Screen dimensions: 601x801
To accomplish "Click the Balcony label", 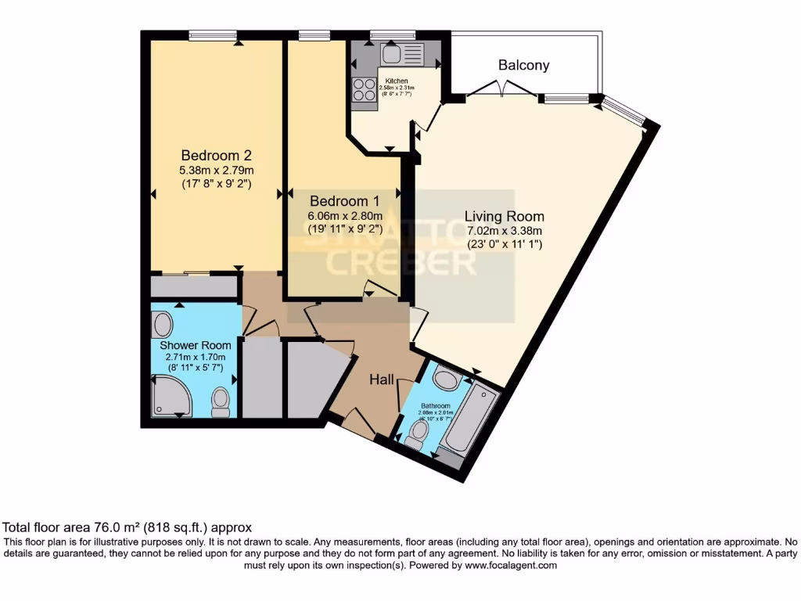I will click(x=523, y=66).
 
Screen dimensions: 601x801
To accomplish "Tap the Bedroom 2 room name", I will click(x=216, y=155).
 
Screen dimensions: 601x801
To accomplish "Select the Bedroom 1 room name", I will click(x=345, y=200).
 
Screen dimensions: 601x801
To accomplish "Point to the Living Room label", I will click(x=504, y=216).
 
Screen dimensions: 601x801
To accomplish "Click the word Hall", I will click(x=382, y=380).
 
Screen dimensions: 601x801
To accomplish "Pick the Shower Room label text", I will click(x=196, y=345).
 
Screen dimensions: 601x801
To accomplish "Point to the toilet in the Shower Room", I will click(x=221, y=401).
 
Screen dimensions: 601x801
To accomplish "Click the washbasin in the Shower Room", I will click(x=163, y=323).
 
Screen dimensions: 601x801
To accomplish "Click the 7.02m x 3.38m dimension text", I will click(x=504, y=231).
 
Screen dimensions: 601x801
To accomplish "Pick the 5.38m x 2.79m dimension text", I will click(x=216, y=170).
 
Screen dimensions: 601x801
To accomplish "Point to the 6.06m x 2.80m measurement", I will click(x=345, y=216).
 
